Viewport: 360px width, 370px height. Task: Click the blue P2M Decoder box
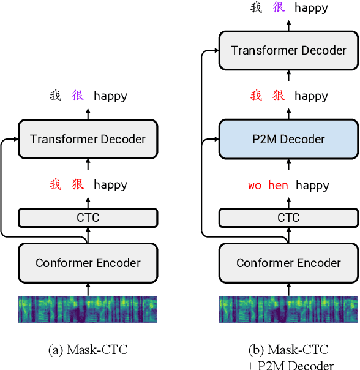(x=288, y=139)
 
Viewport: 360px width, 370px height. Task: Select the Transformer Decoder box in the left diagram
(x=88, y=139)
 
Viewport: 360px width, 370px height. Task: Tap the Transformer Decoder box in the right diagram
(x=288, y=50)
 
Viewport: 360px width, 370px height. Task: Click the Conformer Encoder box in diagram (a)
(x=88, y=263)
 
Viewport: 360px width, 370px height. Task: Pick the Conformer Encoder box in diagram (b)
(x=288, y=263)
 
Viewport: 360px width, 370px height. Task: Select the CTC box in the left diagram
(x=88, y=217)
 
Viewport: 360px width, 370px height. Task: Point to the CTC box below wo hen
(x=288, y=217)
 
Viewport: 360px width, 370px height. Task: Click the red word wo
(x=255, y=185)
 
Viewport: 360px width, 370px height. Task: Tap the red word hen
(x=278, y=185)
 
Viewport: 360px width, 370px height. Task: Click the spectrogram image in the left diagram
(x=88, y=309)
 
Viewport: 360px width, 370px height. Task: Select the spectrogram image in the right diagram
(x=288, y=309)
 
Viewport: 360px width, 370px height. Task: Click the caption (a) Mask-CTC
(x=88, y=350)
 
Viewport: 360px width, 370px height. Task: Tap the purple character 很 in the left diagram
(x=78, y=96)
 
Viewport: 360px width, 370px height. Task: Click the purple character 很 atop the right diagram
(x=279, y=8)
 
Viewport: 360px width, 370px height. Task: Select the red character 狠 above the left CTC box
(x=78, y=184)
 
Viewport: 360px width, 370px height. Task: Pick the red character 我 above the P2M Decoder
(x=257, y=96)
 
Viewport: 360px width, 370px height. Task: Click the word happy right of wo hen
(x=312, y=185)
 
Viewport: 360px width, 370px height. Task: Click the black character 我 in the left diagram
(x=56, y=96)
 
